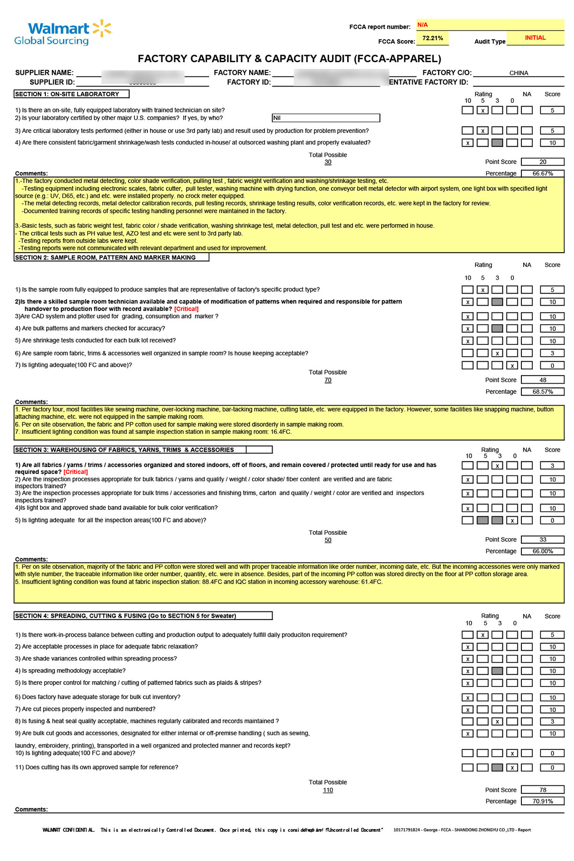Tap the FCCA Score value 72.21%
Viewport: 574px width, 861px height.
coord(432,38)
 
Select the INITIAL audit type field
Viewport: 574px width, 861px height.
coord(535,38)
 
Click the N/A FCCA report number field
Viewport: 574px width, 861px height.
coord(490,25)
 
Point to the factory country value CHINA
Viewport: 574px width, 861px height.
coord(519,73)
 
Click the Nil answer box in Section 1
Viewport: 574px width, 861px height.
coord(326,118)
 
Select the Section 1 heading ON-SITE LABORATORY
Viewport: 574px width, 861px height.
coord(72,94)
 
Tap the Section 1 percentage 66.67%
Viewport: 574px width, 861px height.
coord(542,174)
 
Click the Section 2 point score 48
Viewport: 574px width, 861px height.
coord(542,380)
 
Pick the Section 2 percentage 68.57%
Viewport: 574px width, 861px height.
coord(542,392)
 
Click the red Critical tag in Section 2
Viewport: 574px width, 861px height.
coord(186,309)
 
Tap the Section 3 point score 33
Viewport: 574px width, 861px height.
coord(542,540)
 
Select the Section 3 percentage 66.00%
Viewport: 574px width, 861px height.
coord(542,552)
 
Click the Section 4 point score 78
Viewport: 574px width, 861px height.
coord(542,790)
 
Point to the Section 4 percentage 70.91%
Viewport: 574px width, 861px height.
coord(542,801)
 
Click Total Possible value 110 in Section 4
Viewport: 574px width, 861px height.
coord(328,790)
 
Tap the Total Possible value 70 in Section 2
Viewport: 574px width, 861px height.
coord(328,380)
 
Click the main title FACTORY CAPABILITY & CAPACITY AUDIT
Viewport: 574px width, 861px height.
coord(289,59)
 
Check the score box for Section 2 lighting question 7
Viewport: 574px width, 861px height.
coord(552,365)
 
